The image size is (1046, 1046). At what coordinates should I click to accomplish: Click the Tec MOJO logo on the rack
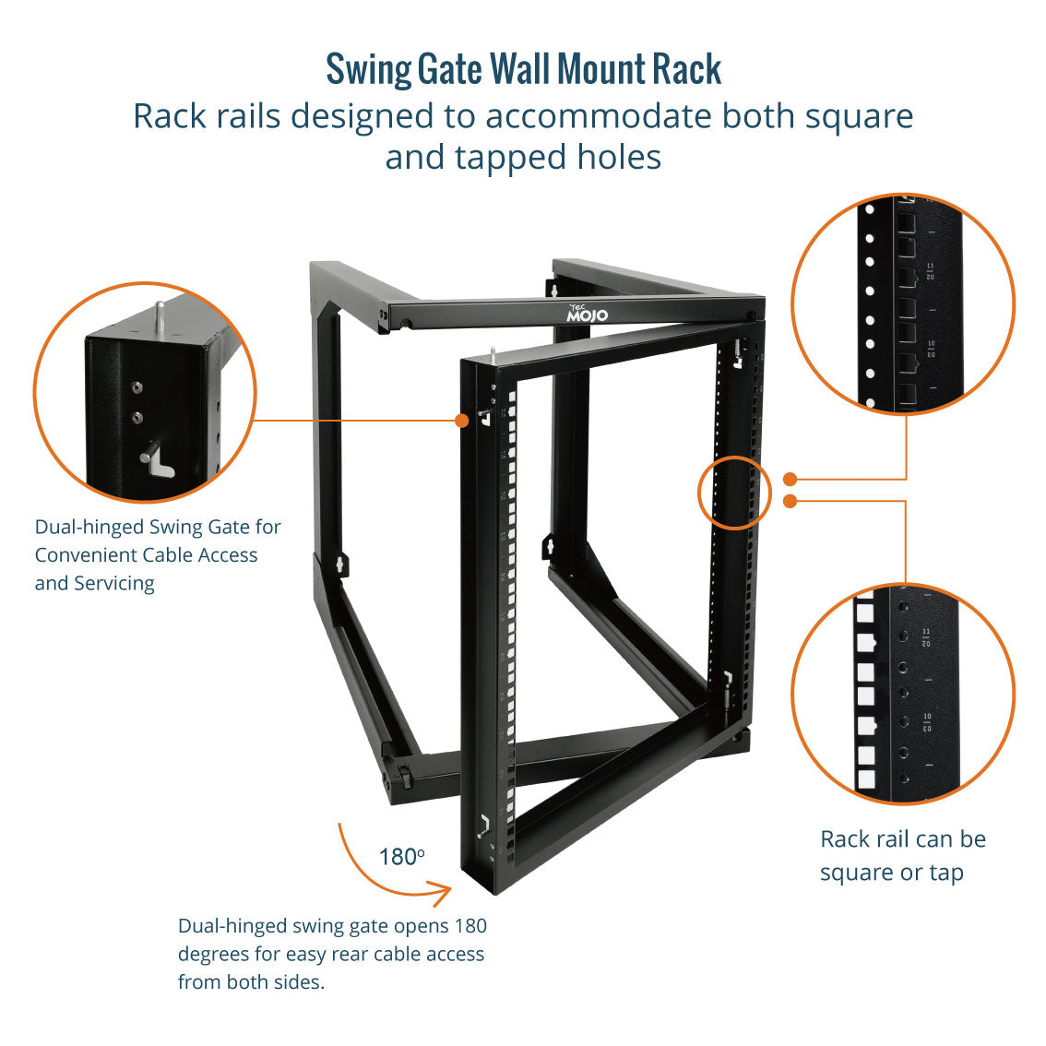[587, 312]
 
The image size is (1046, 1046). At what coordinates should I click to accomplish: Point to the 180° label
[401, 857]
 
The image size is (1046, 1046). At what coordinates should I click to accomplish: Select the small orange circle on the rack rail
[734, 492]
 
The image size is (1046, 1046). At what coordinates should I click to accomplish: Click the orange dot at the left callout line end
[461, 420]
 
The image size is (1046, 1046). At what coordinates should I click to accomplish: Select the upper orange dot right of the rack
[790, 479]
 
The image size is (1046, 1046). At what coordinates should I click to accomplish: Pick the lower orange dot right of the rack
[790, 501]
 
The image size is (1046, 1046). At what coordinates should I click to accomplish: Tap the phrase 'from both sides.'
[251, 981]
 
